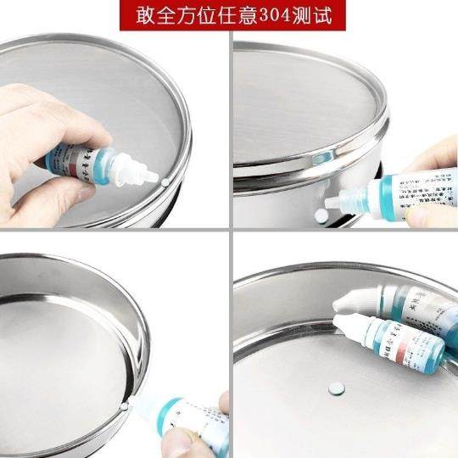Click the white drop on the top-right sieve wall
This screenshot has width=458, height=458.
click(x=321, y=215)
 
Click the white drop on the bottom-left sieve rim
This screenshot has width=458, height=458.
click(x=125, y=406)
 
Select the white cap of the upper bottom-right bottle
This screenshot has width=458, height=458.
click(x=355, y=299)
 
